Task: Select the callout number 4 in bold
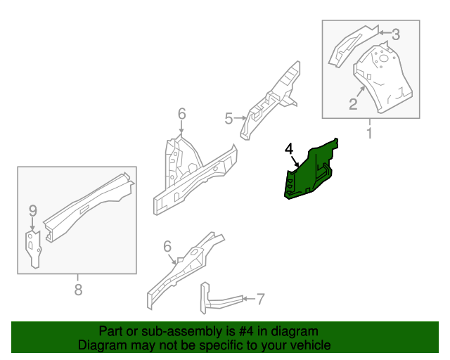pyautogui.click(x=288, y=149)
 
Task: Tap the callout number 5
pyautogui.click(x=229, y=118)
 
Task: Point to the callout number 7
pyautogui.click(x=260, y=300)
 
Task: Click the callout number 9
pyautogui.click(x=32, y=210)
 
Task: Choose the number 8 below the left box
pyautogui.click(x=78, y=289)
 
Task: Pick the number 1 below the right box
pyautogui.click(x=369, y=132)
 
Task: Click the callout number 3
pyautogui.click(x=395, y=33)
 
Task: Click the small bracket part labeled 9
pyautogui.click(x=33, y=247)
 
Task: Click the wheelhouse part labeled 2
pyautogui.click(x=383, y=77)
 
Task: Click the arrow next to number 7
pyautogui.click(x=247, y=300)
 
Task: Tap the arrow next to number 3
pyautogui.click(x=383, y=32)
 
